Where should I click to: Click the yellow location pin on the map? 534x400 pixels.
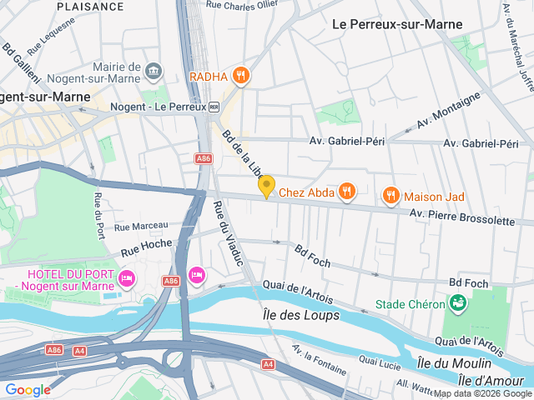(x=266, y=187)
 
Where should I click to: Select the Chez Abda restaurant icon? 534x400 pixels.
(x=347, y=193)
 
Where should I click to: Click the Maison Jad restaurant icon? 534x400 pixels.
(x=390, y=197)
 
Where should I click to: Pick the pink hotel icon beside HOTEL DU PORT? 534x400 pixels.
(x=126, y=277)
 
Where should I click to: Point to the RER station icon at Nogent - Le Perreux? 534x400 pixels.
(x=214, y=107)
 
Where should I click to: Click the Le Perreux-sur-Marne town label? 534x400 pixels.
(x=396, y=24)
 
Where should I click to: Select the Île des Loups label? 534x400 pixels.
(x=301, y=315)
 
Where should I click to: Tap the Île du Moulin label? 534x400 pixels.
(x=454, y=363)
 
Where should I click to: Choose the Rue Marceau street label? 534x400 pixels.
(x=141, y=226)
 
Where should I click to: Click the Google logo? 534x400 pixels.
(x=28, y=389)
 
